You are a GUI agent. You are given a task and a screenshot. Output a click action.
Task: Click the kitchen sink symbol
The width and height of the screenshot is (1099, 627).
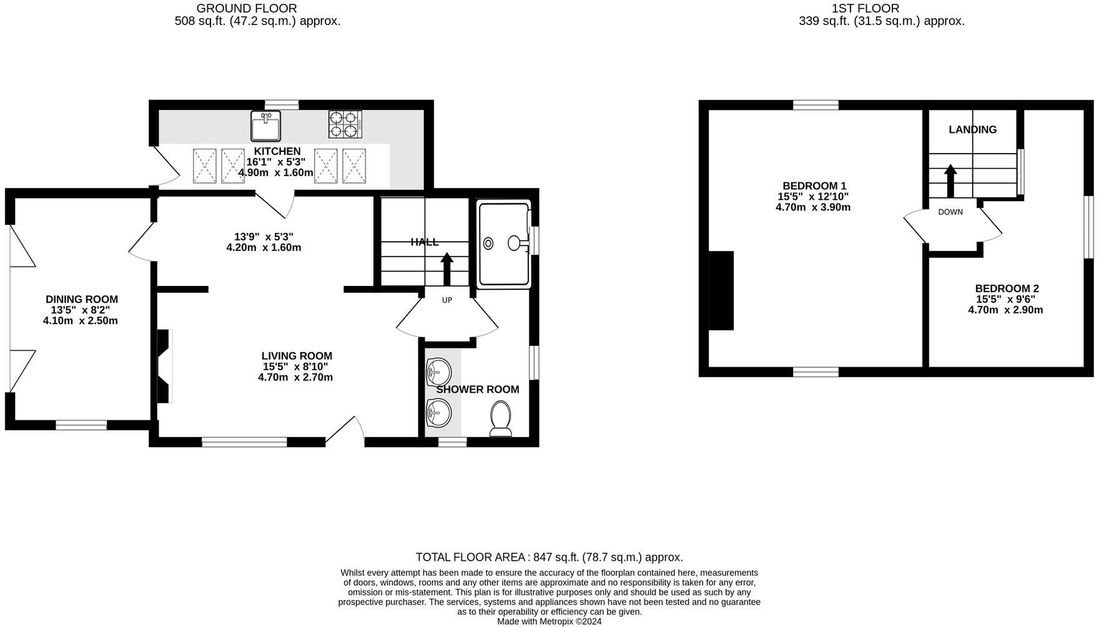pos(266,126)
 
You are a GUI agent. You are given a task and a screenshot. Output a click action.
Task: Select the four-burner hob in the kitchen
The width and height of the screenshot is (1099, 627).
pos(345,124)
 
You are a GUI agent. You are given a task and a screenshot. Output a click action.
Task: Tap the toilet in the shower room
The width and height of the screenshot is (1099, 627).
pos(501,418)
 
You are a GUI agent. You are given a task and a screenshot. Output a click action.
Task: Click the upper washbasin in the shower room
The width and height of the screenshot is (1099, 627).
pos(438,373)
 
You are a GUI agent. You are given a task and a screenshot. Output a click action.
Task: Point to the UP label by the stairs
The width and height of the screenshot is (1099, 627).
pos(447,300)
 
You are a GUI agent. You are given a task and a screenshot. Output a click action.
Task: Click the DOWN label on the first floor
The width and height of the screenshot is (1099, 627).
pos(950,212)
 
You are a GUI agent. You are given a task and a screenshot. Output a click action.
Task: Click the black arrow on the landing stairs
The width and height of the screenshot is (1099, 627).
pos(950,180)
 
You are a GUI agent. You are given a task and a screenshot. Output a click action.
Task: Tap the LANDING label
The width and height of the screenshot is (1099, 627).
pos(972,130)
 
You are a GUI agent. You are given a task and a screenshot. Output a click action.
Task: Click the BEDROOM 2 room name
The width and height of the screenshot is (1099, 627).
pos(1007,289)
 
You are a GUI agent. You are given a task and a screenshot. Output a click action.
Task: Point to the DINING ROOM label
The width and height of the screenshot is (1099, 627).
pos(82,300)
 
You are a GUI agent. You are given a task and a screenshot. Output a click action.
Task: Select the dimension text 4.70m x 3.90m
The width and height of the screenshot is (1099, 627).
pos(813,207)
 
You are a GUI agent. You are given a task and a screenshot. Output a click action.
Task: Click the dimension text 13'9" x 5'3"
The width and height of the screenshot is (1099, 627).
pos(264,237)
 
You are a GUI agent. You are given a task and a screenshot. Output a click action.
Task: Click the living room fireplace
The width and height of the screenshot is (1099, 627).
pos(164,366)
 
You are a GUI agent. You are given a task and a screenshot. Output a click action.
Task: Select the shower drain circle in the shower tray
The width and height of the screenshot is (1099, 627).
pos(488,244)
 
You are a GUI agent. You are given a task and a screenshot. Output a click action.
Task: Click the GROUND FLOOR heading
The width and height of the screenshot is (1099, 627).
pos(247,8)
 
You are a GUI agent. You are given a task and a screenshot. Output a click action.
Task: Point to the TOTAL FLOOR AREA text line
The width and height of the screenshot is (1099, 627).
pos(549,557)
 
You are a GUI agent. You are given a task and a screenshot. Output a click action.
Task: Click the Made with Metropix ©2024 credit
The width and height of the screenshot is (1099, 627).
pos(549,621)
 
